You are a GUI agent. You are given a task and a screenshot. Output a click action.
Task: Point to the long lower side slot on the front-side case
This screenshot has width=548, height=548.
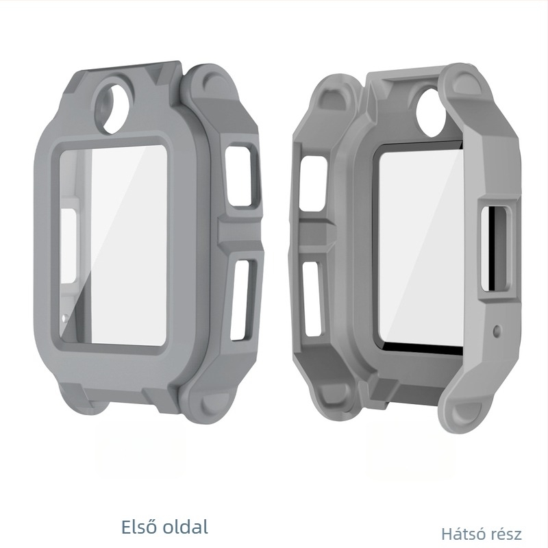tap(242, 298)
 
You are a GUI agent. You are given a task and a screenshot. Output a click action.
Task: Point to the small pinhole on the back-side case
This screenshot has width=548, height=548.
tap(497, 330)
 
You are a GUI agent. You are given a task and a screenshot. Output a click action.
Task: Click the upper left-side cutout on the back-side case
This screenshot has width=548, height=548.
tap(314, 182)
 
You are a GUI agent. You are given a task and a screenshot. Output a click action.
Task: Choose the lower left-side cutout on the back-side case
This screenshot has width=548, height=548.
tap(312, 298)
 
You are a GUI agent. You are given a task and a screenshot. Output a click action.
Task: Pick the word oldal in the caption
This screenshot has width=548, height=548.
tap(184, 527)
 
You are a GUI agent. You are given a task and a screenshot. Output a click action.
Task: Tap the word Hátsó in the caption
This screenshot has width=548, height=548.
tap(464, 534)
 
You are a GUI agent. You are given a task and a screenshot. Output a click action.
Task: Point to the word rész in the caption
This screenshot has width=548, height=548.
tap(507, 534)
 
